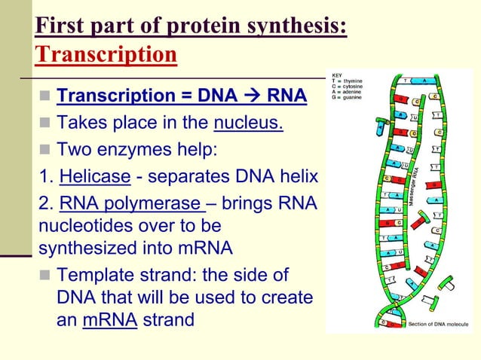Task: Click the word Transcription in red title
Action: (106, 55)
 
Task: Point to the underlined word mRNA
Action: (109, 319)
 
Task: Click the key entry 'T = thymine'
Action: (348, 81)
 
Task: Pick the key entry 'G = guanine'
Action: (348, 98)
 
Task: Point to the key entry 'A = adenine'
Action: (348, 92)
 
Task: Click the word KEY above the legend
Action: (337, 75)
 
